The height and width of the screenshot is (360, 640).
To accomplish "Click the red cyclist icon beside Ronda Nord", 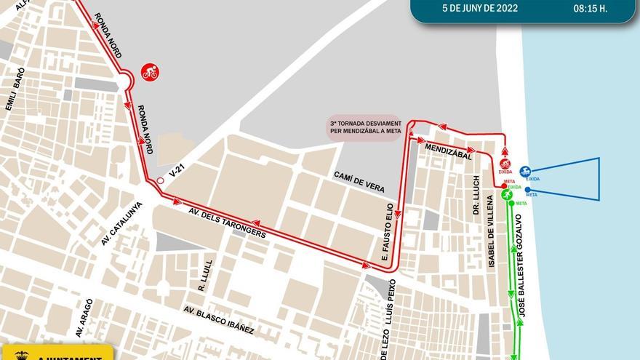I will click(151, 73).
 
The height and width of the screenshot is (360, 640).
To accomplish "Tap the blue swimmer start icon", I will click(524, 172).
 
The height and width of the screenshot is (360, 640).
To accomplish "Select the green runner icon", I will click(507, 195).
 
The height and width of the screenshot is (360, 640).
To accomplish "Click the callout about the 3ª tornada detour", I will click(364, 127).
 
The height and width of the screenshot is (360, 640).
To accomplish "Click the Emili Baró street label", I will click(15, 89).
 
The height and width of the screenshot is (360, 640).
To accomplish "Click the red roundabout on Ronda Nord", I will click(125, 80).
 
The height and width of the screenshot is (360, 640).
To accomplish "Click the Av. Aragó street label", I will click(84, 318).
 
